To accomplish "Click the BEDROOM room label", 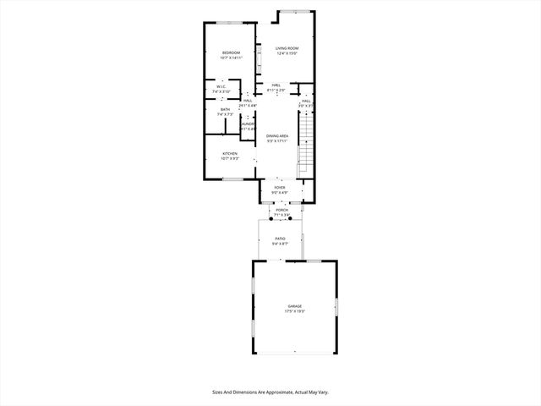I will [x=232, y=53].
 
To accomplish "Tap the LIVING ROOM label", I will [x=287, y=48].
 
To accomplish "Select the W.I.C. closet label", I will [x=220, y=86].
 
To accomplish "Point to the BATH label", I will [x=225, y=109].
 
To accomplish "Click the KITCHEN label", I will [x=229, y=153].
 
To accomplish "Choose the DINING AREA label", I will [x=277, y=136].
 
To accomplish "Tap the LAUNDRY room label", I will [x=248, y=124].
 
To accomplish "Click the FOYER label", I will [x=280, y=188].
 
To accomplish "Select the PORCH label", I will [x=281, y=210].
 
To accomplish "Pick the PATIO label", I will [x=280, y=239].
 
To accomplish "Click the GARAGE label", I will [x=294, y=306].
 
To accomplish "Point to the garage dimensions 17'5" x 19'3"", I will [x=294, y=311].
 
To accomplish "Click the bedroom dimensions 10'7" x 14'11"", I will [x=232, y=58].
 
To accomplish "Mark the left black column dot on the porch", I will [x=272, y=218].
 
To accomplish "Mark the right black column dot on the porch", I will [x=290, y=218].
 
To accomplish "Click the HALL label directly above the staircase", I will [x=306, y=101].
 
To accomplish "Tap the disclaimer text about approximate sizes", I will [x=270, y=392].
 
